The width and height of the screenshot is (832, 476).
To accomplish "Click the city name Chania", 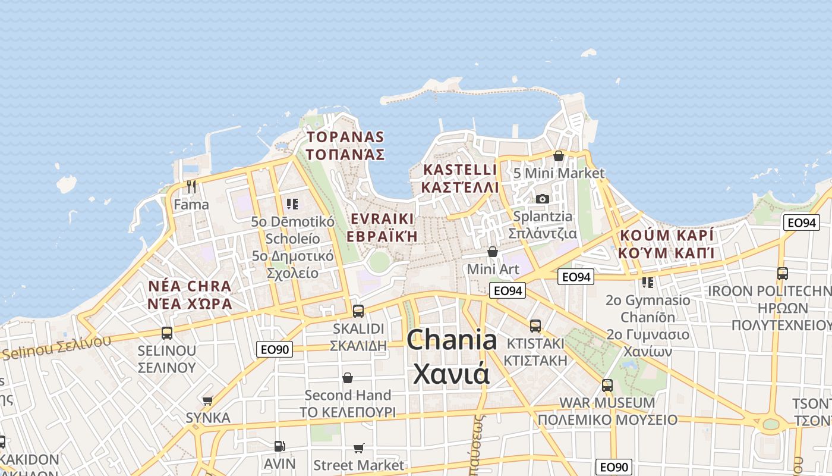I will click(452, 340).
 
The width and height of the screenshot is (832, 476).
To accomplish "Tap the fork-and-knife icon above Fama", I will click(191, 187).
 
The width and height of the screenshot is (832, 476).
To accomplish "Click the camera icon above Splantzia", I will click(543, 199).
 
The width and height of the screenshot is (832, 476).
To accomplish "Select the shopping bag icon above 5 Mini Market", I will click(559, 156).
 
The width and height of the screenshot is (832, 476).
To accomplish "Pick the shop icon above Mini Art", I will click(492, 252).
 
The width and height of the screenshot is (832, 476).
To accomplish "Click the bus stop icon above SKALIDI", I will click(358, 311).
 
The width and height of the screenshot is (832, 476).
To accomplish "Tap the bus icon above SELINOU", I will click(167, 333).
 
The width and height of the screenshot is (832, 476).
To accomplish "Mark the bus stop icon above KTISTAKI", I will click(535, 325).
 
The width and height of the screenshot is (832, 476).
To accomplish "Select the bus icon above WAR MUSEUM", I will click(607, 385).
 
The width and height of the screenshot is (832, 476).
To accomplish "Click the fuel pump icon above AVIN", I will click(279, 446).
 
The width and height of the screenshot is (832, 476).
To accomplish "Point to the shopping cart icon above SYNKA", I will click(207, 400).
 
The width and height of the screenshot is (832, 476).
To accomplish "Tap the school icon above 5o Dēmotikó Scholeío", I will click(292, 204).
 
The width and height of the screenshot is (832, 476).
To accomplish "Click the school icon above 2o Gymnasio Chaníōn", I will click(647, 282).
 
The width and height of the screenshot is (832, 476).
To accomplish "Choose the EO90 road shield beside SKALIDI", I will click(275, 349).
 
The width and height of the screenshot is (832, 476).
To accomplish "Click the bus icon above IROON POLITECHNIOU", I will click(783, 274).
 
